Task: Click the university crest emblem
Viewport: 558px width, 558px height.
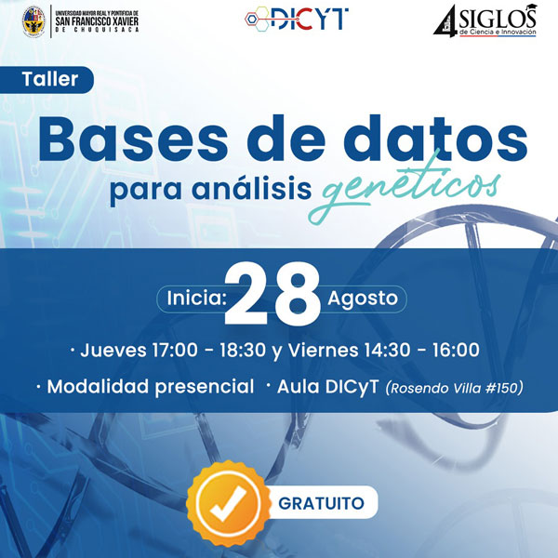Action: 33,21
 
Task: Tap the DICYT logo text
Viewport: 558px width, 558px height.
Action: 310,19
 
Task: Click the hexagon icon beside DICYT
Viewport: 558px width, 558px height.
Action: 257,19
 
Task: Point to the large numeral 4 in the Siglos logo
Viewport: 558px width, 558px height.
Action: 445,20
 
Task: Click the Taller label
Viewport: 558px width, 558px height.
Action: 50,79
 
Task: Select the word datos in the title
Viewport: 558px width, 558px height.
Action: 435,138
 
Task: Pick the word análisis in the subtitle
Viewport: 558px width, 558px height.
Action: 252,189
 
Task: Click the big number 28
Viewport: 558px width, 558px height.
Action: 272,293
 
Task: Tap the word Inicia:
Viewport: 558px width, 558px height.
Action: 197,299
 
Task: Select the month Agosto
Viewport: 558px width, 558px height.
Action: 363,299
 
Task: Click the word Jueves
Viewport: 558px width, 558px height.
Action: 113,351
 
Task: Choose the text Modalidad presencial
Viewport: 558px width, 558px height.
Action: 151,387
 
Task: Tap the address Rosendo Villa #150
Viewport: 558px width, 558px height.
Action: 454,388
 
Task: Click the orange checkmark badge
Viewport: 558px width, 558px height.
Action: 228,503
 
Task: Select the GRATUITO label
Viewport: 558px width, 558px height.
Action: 321,503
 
